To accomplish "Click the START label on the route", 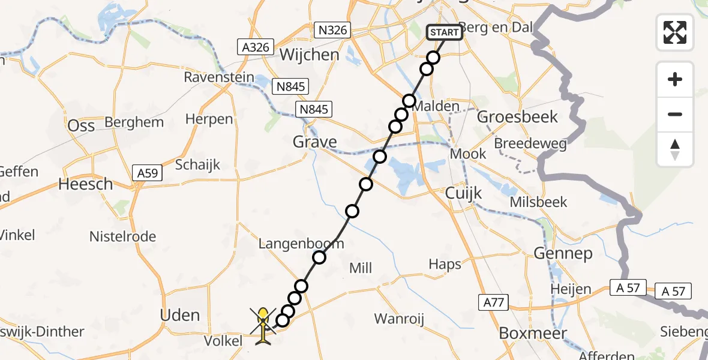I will pyautogui.click(x=445, y=32).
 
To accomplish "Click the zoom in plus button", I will pyautogui.click(x=675, y=79).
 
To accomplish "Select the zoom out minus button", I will pyautogui.click(x=675, y=114).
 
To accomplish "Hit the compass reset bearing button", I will pyautogui.click(x=675, y=149).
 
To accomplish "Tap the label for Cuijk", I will pyautogui.click(x=460, y=193).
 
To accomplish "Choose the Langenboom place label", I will pyautogui.click(x=301, y=244).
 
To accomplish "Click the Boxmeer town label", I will pyautogui.click(x=533, y=333).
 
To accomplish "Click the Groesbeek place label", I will pyautogui.click(x=517, y=116).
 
